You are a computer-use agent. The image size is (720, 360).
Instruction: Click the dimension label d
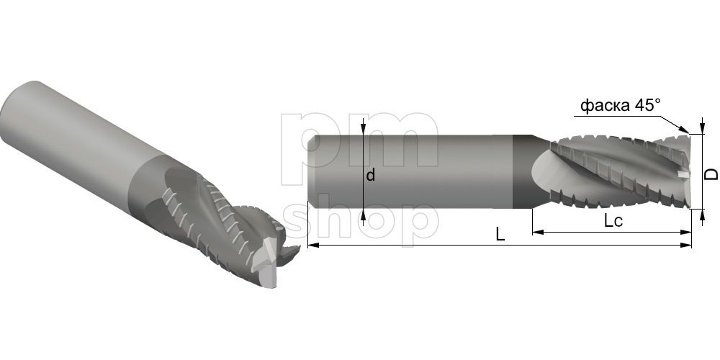[x=371, y=174]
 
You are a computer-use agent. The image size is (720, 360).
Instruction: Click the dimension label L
[x=500, y=235]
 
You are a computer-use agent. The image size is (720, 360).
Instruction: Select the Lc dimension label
[x=613, y=221]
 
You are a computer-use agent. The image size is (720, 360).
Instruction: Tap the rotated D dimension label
[x=711, y=174]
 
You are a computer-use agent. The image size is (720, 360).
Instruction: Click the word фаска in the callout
[x=606, y=106]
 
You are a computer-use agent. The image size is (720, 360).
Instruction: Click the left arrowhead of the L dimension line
[x=313, y=246]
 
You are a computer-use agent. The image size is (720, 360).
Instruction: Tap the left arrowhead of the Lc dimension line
[x=538, y=233]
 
